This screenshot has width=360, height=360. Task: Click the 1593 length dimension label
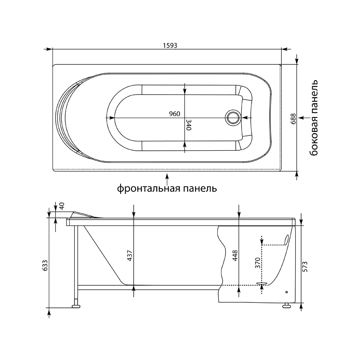coord(170,45)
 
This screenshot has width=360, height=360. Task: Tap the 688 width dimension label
coord(293,119)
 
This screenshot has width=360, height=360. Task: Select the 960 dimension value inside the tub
coord(175,114)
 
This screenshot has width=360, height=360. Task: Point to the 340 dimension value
coord(189,125)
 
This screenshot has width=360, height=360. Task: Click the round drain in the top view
coord(233,117)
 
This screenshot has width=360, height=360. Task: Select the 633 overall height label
coord(45,265)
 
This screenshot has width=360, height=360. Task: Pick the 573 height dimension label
coord(305,266)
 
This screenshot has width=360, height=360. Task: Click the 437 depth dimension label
coord(130,255)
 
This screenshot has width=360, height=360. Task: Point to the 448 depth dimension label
coord(235,255)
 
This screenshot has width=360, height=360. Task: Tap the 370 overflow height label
coord(258,263)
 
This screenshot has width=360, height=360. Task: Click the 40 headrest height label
coord(62,206)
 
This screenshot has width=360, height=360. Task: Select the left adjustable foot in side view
coord(76,306)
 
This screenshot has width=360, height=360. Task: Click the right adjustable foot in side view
coord(286,306)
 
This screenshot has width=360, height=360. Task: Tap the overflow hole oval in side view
coord(286,240)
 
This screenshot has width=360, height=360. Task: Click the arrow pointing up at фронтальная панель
coord(167,179)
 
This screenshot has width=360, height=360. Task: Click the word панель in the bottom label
coord(200,189)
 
